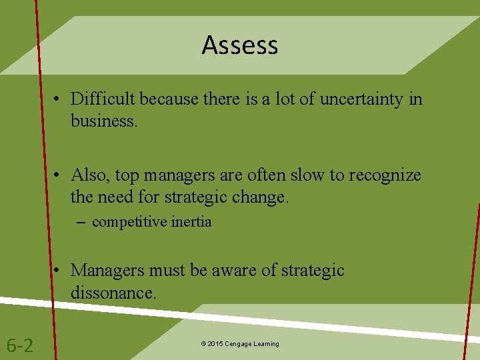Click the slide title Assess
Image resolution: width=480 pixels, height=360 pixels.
point(240,45)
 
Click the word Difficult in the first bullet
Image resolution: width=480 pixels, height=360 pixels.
point(102,99)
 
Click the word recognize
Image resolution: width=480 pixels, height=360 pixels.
point(384,175)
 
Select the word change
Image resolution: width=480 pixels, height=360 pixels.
point(262,197)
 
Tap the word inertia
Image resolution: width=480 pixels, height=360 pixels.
point(191,222)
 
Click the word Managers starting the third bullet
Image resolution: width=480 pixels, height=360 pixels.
point(109,270)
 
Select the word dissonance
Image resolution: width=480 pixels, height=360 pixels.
point(113,292)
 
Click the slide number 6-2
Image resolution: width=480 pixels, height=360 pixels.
point(20,345)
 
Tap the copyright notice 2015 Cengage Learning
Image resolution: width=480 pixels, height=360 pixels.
point(240,344)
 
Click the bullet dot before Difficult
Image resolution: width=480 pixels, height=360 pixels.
point(59,100)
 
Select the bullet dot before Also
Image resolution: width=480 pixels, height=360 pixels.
point(59,176)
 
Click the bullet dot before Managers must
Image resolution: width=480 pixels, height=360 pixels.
point(59,271)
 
